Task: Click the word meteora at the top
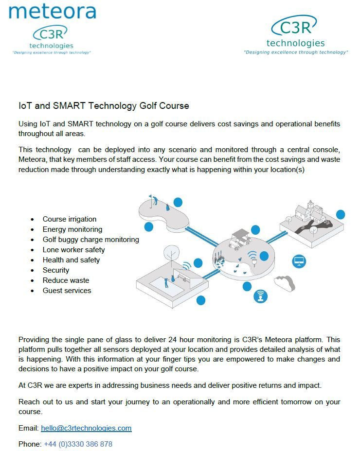click(x=53, y=11)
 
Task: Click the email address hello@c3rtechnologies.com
click(x=86, y=428)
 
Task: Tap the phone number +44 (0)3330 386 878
click(x=78, y=444)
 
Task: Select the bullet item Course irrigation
click(x=70, y=219)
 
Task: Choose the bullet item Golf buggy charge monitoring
click(x=90, y=240)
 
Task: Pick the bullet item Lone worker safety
click(x=73, y=250)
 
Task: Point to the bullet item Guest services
click(x=67, y=291)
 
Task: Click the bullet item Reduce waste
click(x=66, y=280)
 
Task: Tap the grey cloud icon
click(x=284, y=282)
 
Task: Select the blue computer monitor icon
click(x=299, y=261)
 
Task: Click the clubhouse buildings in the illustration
click(x=310, y=213)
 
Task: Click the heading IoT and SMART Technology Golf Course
click(x=104, y=105)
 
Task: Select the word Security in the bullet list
click(x=56, y=270)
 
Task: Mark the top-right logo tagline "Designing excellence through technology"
click(x=295, y=52)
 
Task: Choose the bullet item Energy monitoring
click(x=72, y=229)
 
